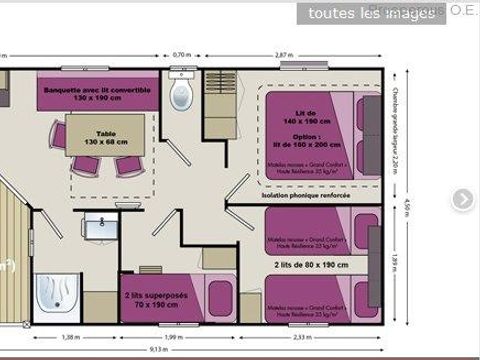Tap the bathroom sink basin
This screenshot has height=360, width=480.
click(99, 228)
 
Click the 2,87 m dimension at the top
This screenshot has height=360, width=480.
click(284, 54)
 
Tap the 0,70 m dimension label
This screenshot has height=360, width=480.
click(181, 54)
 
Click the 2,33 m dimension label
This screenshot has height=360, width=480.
click(301, 337)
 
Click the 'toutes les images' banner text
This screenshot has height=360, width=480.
click(357, 14)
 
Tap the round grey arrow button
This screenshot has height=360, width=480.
click(462, 199)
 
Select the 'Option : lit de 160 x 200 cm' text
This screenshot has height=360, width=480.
click(306, 141)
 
